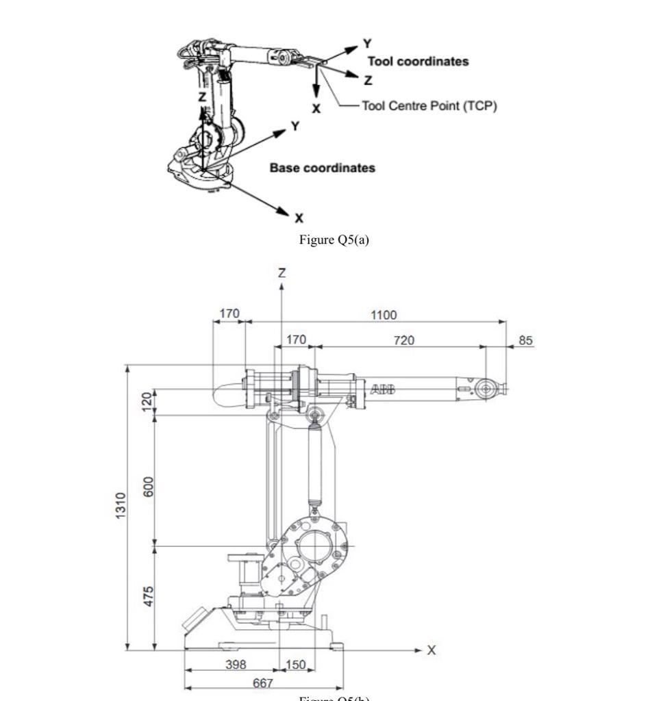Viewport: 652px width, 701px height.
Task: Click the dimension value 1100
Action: (x=384, y=315)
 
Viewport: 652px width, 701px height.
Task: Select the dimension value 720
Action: (x=403, y=340)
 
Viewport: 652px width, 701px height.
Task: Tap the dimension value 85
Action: (x=525, y=340)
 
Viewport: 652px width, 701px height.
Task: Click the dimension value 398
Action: (x=236, y=664)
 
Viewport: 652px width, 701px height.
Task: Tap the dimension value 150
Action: (x=295, y=664)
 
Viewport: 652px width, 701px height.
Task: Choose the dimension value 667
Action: (x=263, y=683)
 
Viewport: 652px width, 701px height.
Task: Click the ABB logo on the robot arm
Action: (x=383, y=390)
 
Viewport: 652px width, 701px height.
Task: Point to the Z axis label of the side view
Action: (x=281, y=272)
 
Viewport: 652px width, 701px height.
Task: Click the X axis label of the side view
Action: (x=431, y=650)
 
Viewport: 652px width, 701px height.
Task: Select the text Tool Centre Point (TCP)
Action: (x=429, y=105)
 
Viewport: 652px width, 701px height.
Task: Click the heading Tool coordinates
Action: (x=418, y=62)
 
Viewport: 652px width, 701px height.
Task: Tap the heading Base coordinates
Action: (x=322, y=168)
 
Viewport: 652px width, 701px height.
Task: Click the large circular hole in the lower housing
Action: (x=314, y=548)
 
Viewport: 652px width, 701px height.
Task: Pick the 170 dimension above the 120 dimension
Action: (x=229, y=314)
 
